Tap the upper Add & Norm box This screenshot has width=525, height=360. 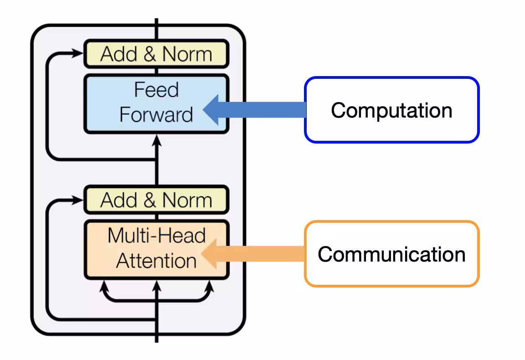tap(156, 54)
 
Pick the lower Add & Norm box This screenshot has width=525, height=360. tap(156, 200)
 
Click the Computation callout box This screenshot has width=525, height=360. tap(391, 110)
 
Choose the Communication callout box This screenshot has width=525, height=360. tap(391, 254)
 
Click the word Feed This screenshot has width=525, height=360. tap(156, 90)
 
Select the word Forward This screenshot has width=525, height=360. tap(156, 114)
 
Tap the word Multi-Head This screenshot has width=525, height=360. tap(156, 236)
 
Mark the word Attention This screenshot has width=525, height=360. tap(156, 261)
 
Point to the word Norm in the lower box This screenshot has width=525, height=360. tap(187, 200)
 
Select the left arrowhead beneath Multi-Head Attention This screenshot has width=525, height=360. tap(104, 286)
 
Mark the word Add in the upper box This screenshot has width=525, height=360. tap(118, 54)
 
